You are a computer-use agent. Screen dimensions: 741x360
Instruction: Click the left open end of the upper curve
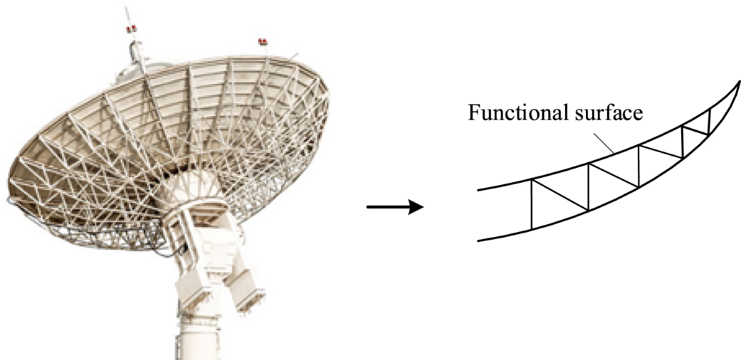click(x=479, y=190)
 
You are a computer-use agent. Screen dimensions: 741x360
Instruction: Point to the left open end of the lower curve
click(x=479, y=240)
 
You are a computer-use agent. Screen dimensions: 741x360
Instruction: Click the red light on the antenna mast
click(x=130, y=29)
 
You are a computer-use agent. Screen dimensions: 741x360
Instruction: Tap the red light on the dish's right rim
click(x=262, y=42)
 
